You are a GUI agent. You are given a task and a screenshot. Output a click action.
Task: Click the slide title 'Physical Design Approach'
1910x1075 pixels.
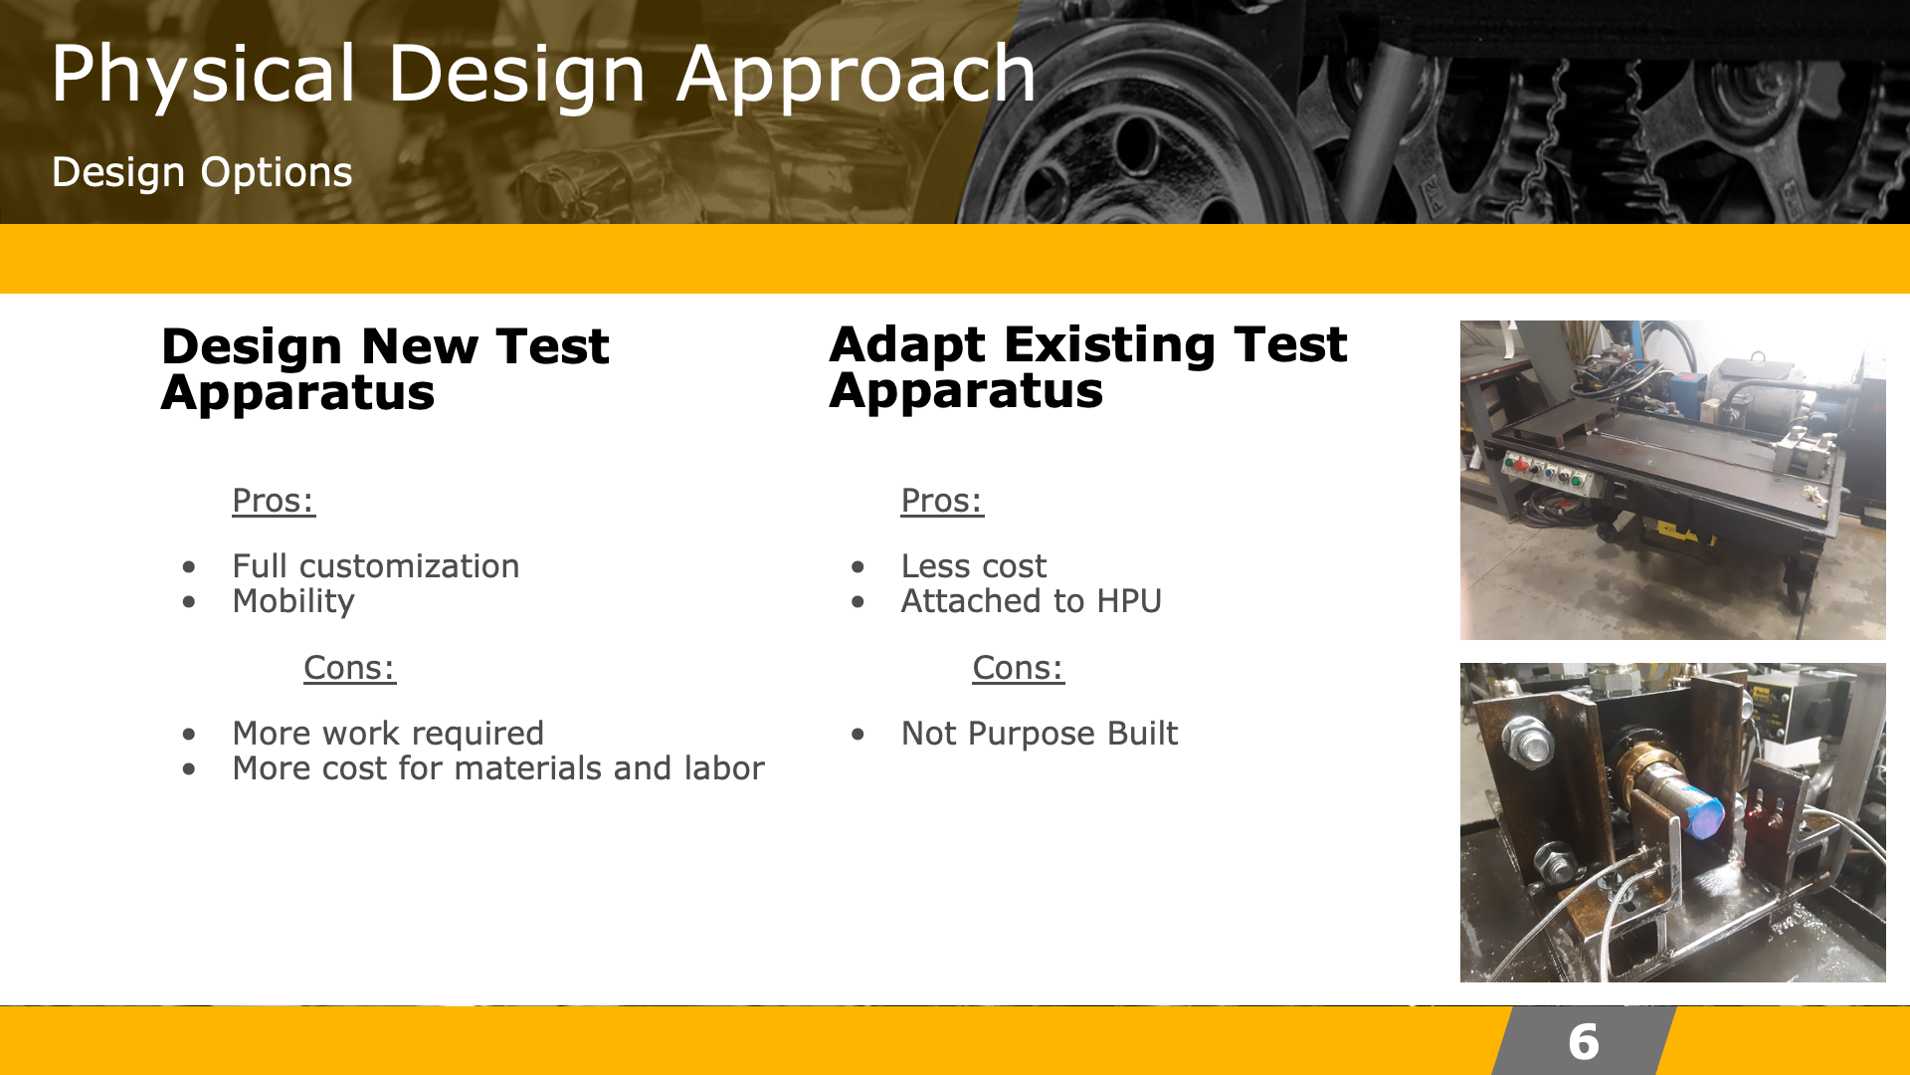tap(543, 74)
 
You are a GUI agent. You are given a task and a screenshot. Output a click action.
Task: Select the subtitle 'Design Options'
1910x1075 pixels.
tap(202, 172)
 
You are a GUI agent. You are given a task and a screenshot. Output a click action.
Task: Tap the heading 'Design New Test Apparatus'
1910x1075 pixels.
tap(385, 368)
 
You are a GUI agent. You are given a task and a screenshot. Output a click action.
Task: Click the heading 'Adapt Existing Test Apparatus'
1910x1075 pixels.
tap(1087, 366)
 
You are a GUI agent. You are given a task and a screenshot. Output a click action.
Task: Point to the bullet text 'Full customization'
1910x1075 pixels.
tap(376, 566)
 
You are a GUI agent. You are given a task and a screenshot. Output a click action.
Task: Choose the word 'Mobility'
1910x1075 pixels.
tap(293, 601)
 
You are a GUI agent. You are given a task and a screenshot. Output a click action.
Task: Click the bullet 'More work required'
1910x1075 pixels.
tap(388, 734)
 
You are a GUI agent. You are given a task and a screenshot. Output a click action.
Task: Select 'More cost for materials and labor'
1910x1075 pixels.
tap(498, 768)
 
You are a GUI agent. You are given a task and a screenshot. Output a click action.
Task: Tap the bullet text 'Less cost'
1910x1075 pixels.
tap(974, 566)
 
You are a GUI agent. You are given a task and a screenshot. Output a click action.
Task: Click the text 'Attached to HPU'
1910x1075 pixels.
tap(1032, 601)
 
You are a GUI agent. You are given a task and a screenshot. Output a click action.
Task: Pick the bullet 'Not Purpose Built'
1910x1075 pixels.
tap(1040, 734)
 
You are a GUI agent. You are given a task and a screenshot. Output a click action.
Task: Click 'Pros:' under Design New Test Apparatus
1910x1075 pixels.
tap(274, 501)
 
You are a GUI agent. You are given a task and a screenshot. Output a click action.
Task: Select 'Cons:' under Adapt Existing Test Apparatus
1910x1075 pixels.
tap(1018, 668)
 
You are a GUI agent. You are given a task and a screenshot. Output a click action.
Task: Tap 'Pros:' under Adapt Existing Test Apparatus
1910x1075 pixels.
tap(942, 501)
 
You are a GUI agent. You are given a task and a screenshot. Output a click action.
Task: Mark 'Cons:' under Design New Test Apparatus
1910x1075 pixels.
tap(349, 668)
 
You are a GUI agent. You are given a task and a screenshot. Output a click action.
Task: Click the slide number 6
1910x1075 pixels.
tap(1584, 1042)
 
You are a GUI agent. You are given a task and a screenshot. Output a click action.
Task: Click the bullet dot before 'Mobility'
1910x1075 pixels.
tap(189, 602)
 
